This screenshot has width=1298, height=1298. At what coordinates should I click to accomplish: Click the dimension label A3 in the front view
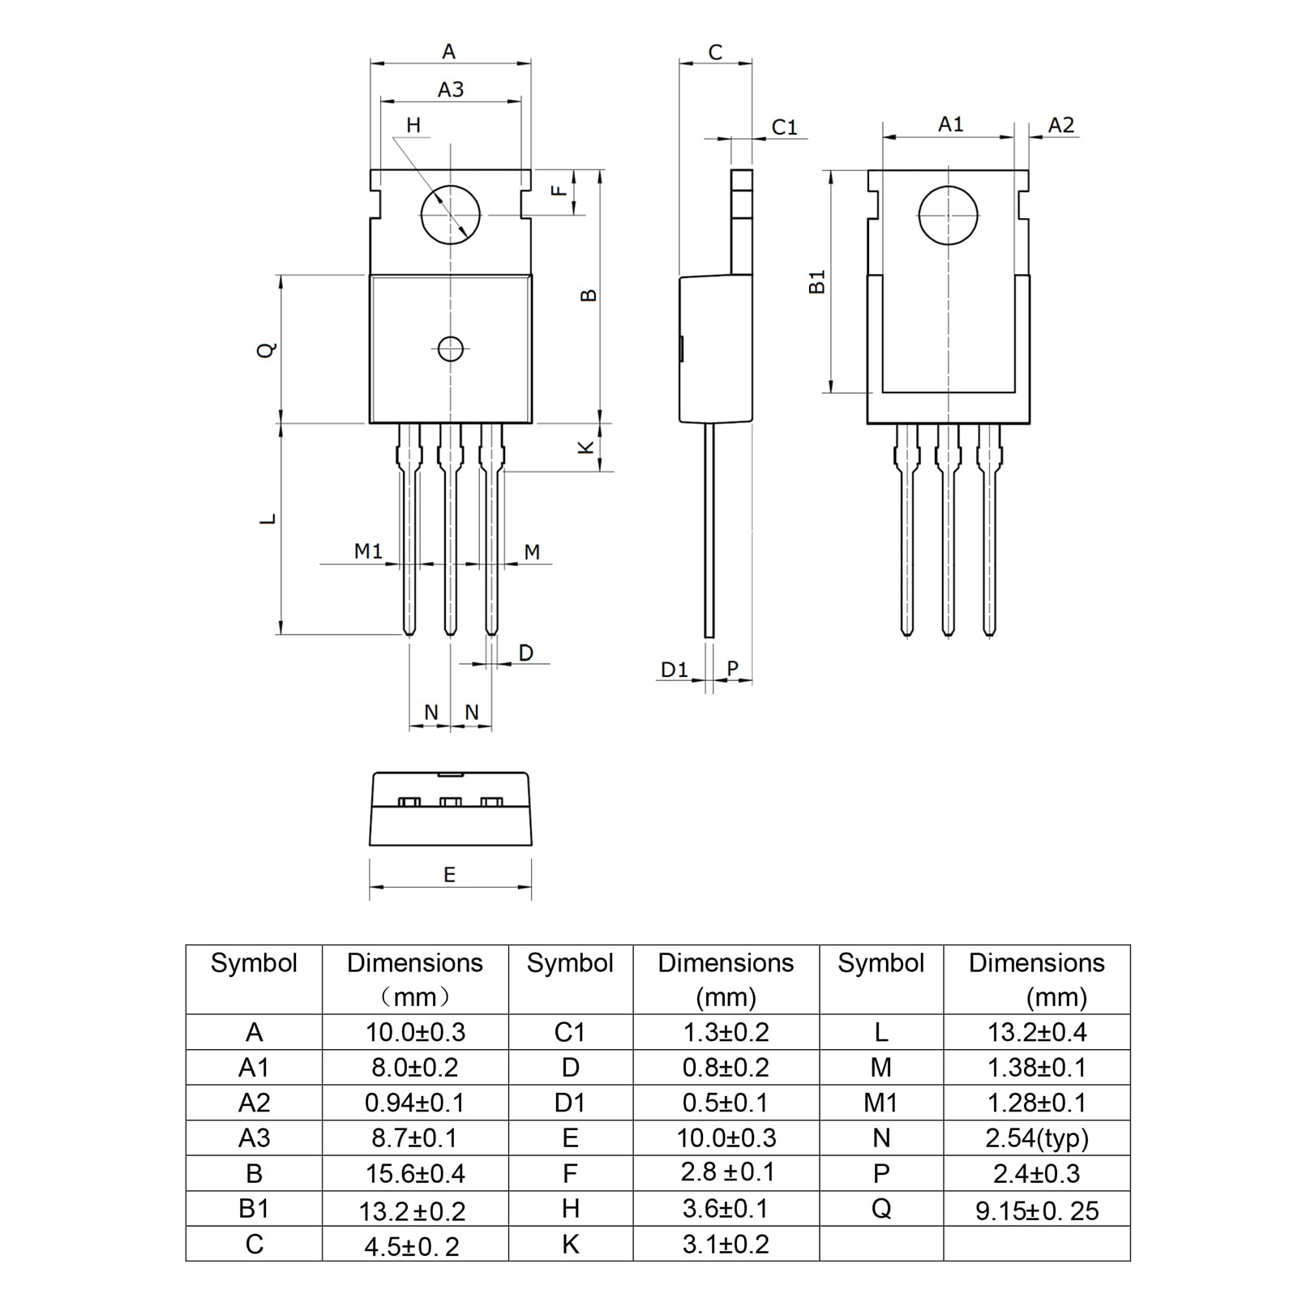[x=450, y=89]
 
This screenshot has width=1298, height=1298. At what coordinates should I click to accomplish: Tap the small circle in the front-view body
[x=450, y=349]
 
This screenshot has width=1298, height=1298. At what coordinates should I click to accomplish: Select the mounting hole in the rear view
[x=948, y=216]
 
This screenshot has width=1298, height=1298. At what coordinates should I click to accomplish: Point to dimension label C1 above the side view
[x=784, y=127]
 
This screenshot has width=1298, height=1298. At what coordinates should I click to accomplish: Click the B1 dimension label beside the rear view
[x=817, y=282]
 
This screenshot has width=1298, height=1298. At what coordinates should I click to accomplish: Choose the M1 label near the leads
[x=368, y=551]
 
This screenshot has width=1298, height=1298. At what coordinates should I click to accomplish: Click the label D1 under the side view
[x=674, y=670]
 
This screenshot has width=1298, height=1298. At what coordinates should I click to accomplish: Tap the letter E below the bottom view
[x=449, y=875]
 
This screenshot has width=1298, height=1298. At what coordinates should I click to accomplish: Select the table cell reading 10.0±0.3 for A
[x=415, y=1032]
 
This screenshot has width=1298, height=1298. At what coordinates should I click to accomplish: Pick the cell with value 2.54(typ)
[x=1036, y=1138]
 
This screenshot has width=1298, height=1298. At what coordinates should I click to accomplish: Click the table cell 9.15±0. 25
[x=1036, y=1210]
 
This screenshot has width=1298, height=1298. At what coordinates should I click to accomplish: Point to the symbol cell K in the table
[x=570, y=1244]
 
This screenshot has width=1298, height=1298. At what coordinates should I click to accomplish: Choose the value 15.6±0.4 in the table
[x=415, y=1174]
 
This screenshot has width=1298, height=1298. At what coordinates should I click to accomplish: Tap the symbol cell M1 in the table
[x=880, y=1103]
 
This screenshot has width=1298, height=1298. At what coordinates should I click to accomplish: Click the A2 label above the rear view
[x=1060, y=125]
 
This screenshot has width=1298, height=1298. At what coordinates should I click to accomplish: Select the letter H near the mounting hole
[x=413, y=125]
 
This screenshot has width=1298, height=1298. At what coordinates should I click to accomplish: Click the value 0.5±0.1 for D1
[x=726, y=1103]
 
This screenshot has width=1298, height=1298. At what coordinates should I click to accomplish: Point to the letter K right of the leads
[x=585, y=448]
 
